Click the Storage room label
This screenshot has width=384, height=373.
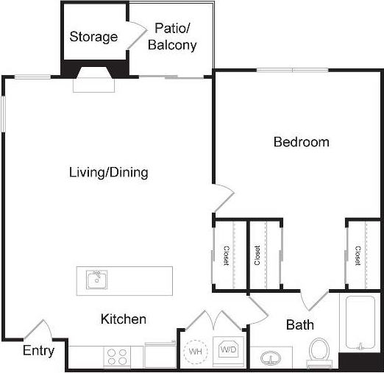tap(93, 37)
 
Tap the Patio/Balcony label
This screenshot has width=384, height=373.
tap(172, 37)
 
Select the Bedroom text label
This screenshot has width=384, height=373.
tap(301, 142)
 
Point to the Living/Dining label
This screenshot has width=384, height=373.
tap(108, 173)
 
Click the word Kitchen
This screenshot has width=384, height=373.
tap(123, 319)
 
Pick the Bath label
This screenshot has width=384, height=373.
tap(300, 324)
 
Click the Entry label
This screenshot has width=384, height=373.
tap(38, 351)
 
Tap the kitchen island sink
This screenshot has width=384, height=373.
tap(96, 280)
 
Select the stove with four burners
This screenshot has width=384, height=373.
tap(117, 357)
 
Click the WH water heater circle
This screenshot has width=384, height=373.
tap(196, 352)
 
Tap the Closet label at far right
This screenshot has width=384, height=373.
tap(358, 255)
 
